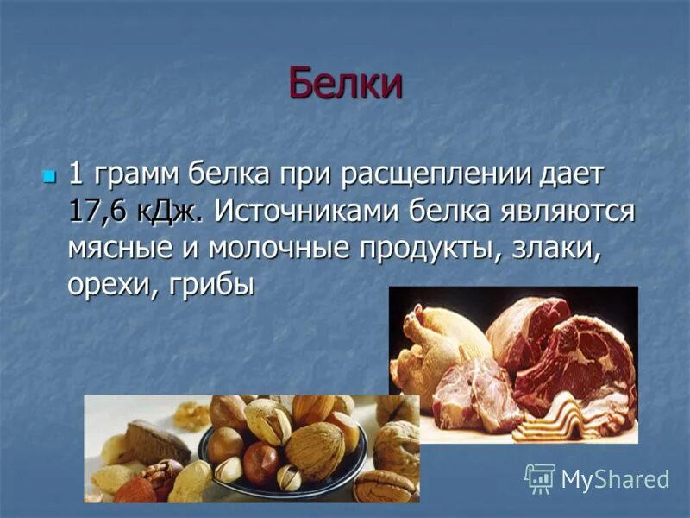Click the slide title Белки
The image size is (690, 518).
coord(345,83)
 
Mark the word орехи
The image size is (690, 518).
coord(103,285)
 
